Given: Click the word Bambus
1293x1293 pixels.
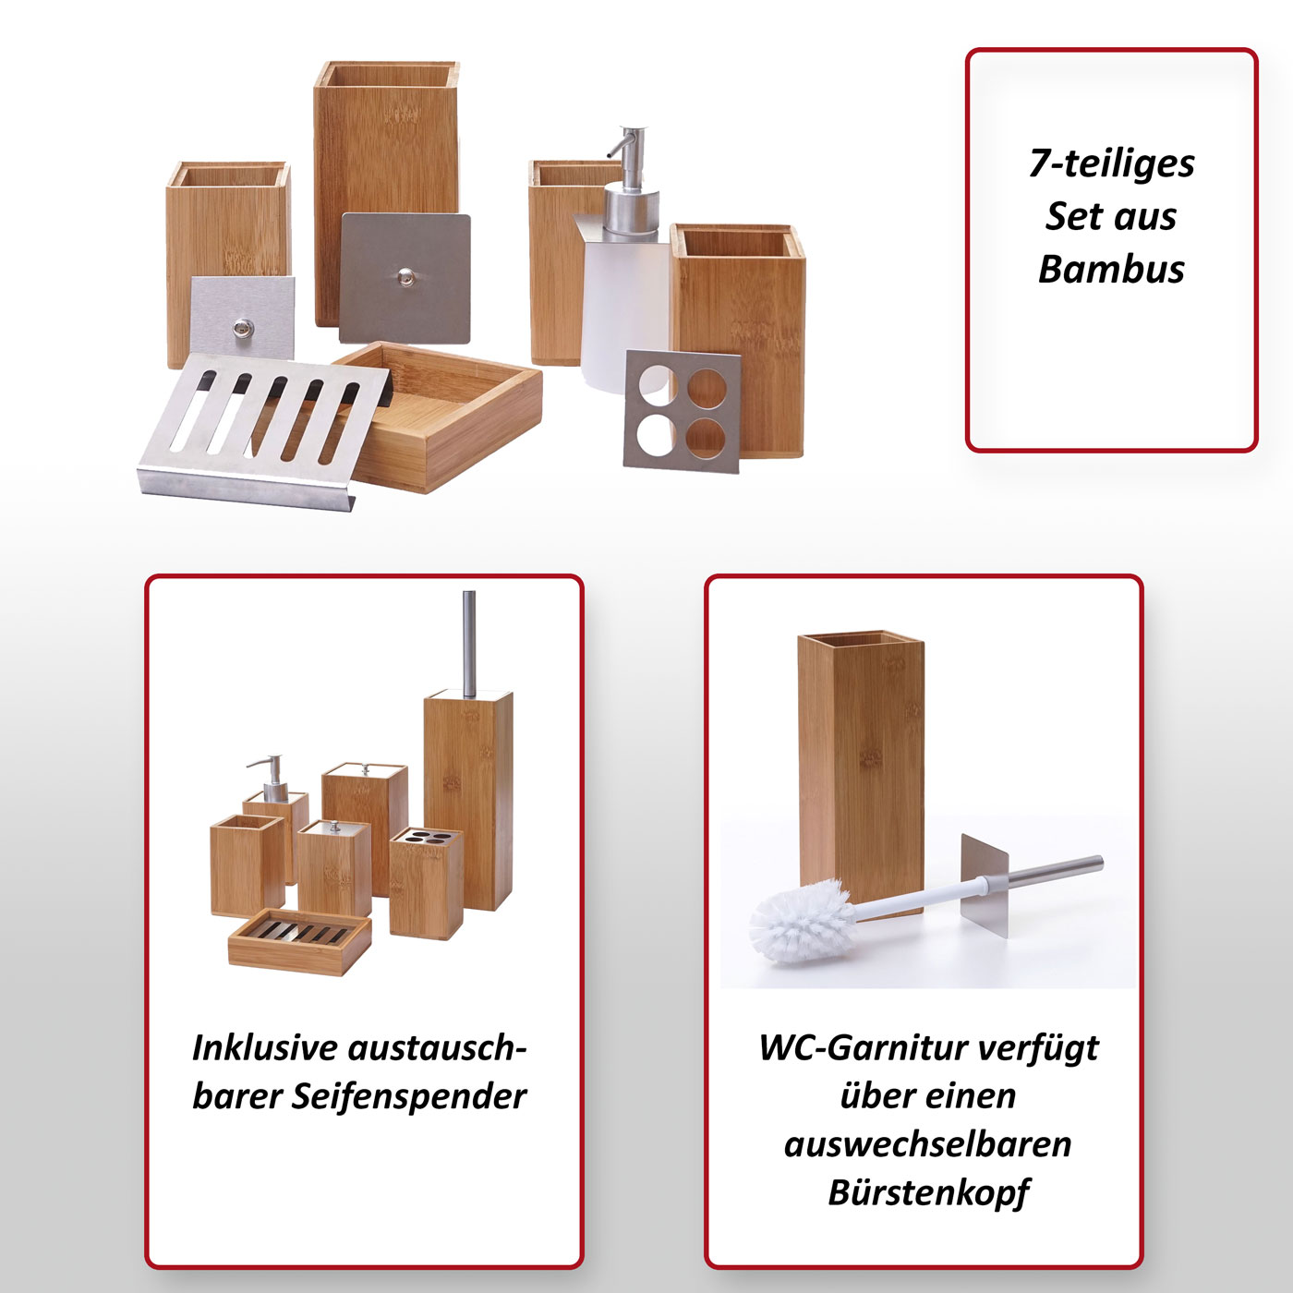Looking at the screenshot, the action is tap(1111, 269).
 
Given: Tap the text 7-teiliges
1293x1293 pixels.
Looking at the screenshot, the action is tap(1112, 164).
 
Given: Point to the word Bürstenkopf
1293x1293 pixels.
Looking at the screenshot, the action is tap(929, 1193).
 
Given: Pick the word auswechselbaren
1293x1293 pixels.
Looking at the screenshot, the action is tap(928, 1144).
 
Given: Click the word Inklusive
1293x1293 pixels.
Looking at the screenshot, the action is tap(264, 1049).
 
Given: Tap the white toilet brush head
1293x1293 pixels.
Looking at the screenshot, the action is tap(801, 922).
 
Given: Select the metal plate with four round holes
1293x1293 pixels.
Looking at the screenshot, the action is tap(682, 411).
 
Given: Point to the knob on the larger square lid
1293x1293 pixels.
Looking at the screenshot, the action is tap(405, 276).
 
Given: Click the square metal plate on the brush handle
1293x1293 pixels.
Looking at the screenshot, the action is tap(985, 885).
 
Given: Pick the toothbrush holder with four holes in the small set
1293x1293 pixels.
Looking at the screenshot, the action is tap(426, 883).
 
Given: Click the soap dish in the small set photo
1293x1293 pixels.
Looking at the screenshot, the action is tap(300, 941).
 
